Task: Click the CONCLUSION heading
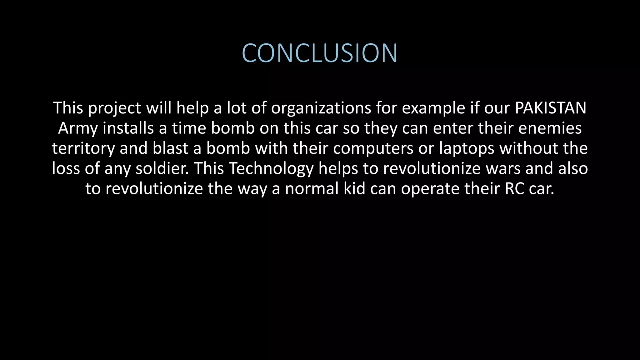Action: [x=320, y=53]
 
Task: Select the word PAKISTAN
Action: [x=550, y=108]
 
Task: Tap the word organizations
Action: [x=321, y=108]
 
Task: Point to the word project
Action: [x=114, y=108]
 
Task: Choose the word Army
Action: [x=78, y=128]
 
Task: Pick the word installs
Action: [x=128, y=128]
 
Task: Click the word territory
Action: [x=83, y=148]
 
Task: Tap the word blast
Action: [x=170, y=148]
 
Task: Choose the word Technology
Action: [x=271, y=169]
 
